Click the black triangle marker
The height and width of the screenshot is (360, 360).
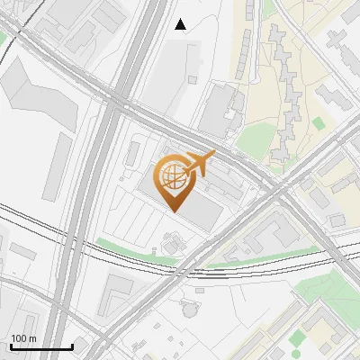point(181,24)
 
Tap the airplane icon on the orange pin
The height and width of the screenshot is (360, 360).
point(199,164)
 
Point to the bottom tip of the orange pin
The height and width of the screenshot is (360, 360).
point(173,211)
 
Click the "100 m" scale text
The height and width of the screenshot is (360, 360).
point(23,338)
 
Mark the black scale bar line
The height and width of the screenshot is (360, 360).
point(41,347)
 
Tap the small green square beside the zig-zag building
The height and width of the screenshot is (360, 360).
point(319,122)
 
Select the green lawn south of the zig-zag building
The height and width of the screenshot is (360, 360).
point(256,137)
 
